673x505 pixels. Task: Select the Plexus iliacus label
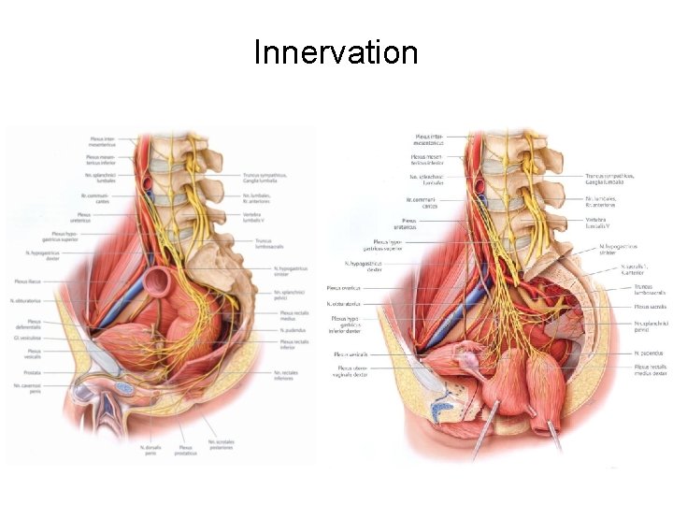(x=27, y=281)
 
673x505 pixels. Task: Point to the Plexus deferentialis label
(x=28, y=323)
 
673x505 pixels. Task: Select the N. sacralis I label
(x=643, y=269)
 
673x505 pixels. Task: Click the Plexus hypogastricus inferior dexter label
(x=345, y=324)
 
